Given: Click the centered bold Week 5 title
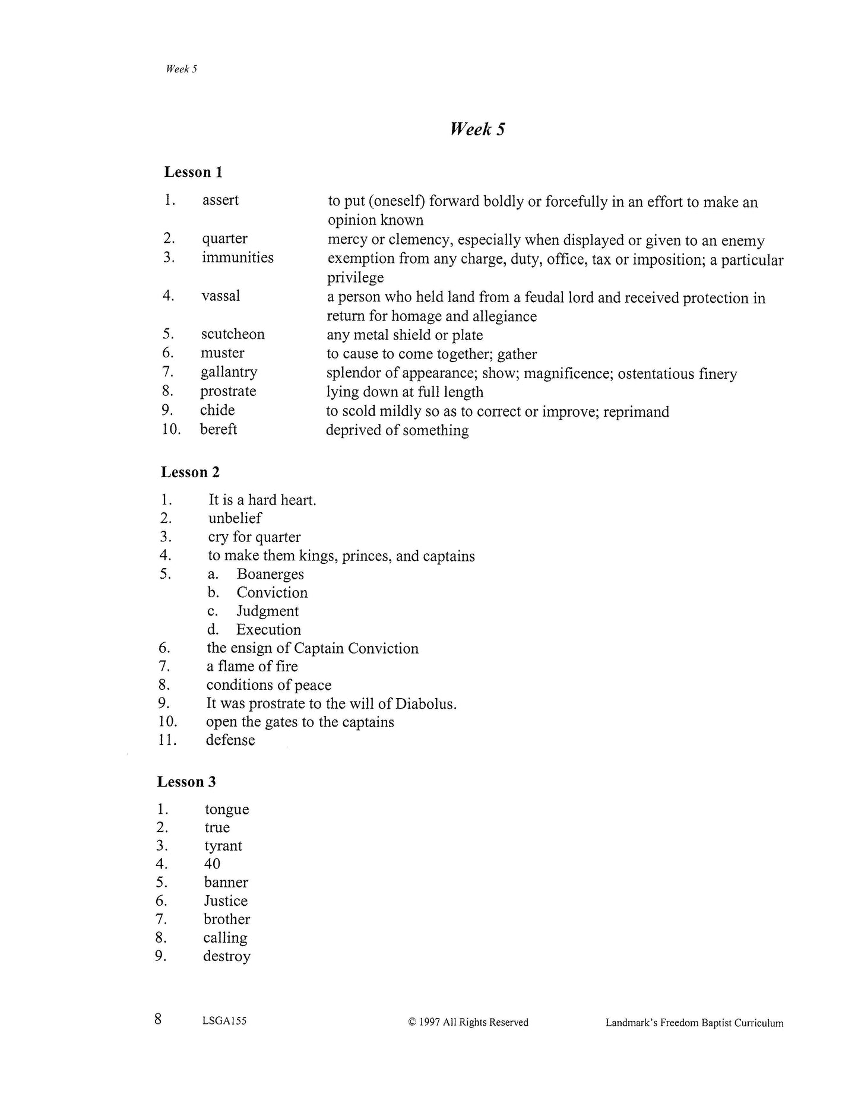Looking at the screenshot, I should pyautogui.click(x=477, y=129).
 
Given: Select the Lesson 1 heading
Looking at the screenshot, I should pyautogui.click(x=193, y=172).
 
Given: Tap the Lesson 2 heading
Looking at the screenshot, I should pyautogui.click(x=190, y=472).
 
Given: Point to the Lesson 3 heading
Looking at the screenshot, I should pyautogui.click(x=186, y=782).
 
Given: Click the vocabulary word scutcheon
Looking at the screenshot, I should pyautogui.click(x=233, y=334).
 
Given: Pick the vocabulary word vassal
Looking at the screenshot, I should pyautogui.click(x=221, y=296).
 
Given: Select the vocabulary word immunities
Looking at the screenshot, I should pyautogui.click(x=238, y=258).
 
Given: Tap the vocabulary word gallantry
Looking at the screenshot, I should pyautogui.click(x=229, y=372).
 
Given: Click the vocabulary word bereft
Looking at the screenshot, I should pyautogui.click(x=219, y=429).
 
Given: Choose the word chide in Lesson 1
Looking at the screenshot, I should pyautogui.click(x=217, y=410).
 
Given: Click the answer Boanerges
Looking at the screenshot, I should pyautogui.click(x=270, y=574).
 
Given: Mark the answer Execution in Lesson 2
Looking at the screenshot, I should pyautogui.click(x=268, y=629).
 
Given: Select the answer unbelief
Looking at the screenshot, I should pyautogui.click(x=235, y=518).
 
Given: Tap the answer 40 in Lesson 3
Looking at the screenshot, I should pyautogui.click(x=212, y=864).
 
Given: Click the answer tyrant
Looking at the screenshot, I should pyautogui.click(x=223, y=846).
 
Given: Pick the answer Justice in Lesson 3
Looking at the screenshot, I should pyautogui.click(x=226, y=900).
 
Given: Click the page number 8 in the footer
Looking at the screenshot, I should pyautogui.click(x=158, y=1019).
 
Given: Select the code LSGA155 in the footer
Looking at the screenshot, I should pyautogui.click(x=224, y=1021).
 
